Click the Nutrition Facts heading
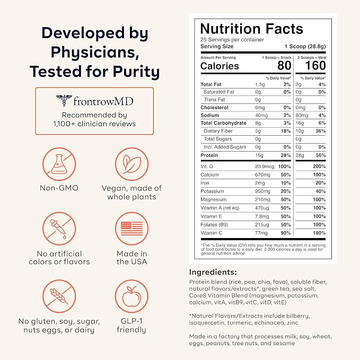tap(252, 29)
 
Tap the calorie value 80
tap(284, 65)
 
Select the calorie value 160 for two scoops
tap(315, 65)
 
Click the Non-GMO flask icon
tap(59, 164)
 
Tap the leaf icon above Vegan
tap(131, 164)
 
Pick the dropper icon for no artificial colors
tap(59, 229)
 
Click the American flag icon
tap(131, 229)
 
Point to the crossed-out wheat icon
tap(59, 296)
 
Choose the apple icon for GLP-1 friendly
tap(131, 296)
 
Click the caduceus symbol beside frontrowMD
tap(64, 101)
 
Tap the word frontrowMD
tap(103, 101)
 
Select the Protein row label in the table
tap(209, 155)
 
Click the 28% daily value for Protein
tap(286, 155)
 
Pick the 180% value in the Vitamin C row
tap(319, 233)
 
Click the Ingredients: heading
tap(213, 272)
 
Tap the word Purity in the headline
tap(136, 72)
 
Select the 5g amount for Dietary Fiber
tap(258, 131)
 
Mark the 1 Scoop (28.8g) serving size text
tap(305, 46)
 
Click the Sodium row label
tap(209, 115)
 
